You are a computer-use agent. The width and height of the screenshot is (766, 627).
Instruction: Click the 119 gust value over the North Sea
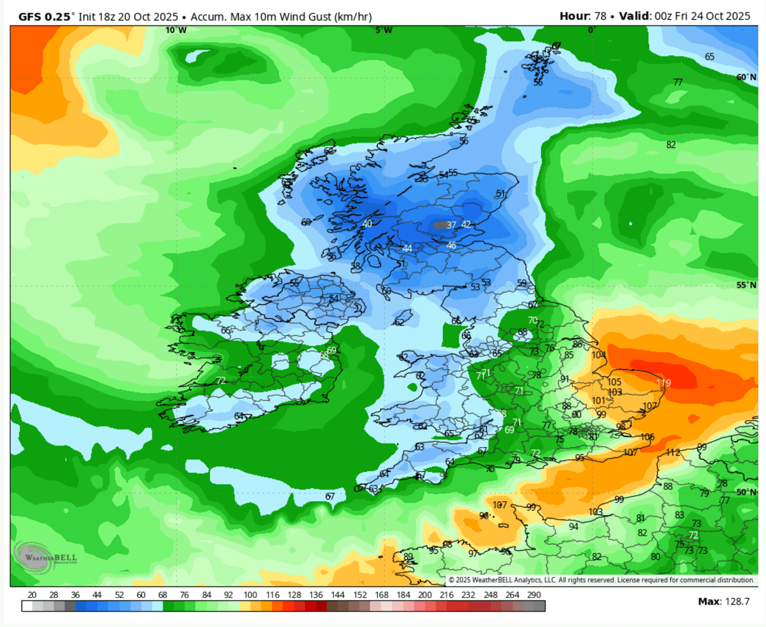tap(664, 383)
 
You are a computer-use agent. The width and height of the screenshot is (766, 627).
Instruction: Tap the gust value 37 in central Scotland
tap(452, 226)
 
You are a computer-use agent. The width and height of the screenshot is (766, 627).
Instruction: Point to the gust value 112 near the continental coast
tap(673, 453)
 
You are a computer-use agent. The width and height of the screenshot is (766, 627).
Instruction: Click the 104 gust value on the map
tap(599, 355)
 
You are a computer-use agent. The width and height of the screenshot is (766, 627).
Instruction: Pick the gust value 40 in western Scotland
tap(367, 224)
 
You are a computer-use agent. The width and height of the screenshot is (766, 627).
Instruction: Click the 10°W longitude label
tap(176, 30)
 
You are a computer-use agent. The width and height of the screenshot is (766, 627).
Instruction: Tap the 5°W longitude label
tap(384, 30)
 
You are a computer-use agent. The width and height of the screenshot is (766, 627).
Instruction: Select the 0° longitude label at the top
tap(592, 30)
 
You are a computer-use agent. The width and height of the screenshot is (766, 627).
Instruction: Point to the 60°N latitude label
tap(746, 77)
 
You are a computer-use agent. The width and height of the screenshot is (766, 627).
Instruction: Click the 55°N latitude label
tap(746, 285)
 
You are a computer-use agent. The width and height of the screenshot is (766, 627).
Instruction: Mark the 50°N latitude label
tap(746, 492)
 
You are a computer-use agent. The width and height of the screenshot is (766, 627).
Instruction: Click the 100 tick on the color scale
tap(250, 595)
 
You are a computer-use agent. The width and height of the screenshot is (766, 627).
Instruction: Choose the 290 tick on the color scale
tap(534, 595)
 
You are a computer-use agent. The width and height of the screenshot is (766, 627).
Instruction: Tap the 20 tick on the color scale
tap(32, 595)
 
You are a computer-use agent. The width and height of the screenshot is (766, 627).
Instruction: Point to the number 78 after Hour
tap(600, 17)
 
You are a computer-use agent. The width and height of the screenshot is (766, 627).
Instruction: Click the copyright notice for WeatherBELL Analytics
tap(601, 580)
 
